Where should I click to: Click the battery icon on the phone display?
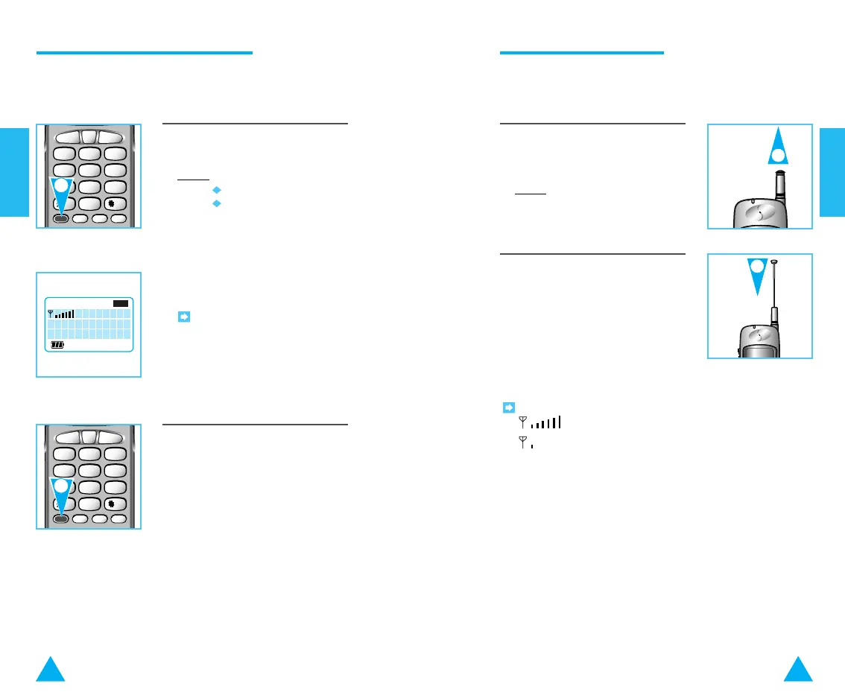pyautogui.click(x=57, y=346)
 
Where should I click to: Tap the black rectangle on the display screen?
pyautogui.click(x=121, y=303)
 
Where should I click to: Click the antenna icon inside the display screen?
pyautogui.click(x=51, y=314)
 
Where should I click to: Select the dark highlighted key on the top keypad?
pyautogui.click(x=61, y=218)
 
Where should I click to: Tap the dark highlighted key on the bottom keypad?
pyautogui.click(x=61, y=519)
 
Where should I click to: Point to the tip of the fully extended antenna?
pyautogui.click(x=775, y=261)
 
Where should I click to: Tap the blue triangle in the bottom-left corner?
pyautogui.click(x=51, y=670)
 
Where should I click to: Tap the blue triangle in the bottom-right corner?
pyautogui.click(x=798, y=670)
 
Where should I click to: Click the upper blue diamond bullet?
pyautogui.click(x=216, y=190)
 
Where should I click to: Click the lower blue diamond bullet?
pyautogui.click(x=216, y=203)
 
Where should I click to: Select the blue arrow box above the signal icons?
pyautogui.click(x=508, y=407)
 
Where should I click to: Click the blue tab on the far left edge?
pyautogui.click(x=14, y=172)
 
